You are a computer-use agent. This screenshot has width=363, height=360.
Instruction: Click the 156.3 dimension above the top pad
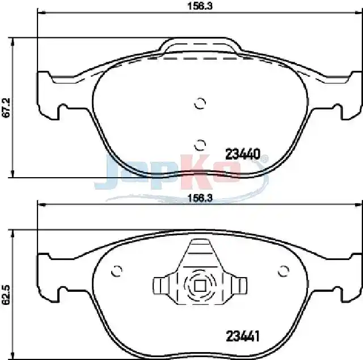200,6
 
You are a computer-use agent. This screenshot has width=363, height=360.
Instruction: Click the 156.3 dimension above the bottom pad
200,198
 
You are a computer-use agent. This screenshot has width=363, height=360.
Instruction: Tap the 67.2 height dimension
6,107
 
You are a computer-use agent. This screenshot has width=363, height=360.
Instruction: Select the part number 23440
243,154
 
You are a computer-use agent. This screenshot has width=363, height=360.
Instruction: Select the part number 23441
243,336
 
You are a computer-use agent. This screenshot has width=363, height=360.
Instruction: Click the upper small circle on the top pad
200,103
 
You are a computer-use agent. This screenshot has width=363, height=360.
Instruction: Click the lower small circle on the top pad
200,145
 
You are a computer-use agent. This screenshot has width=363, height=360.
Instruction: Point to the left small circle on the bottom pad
116,271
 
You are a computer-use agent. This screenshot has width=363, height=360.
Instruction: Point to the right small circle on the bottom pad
284,271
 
